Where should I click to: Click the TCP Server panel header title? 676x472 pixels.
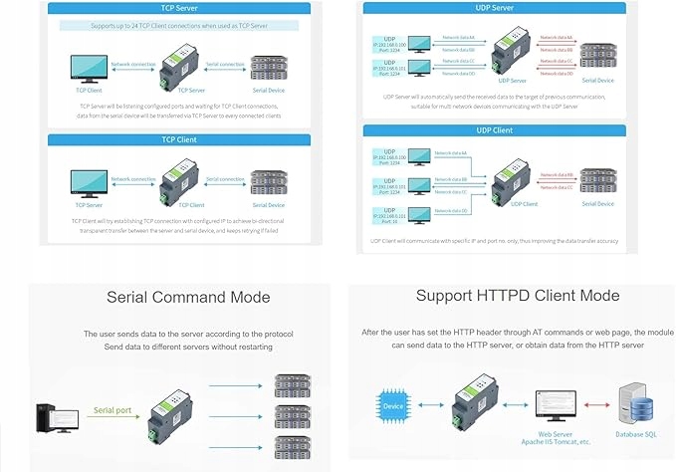click(174, 7)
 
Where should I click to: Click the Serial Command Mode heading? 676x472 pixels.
click(187, 297)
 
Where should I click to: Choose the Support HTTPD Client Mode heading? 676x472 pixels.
click(518, 295)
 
